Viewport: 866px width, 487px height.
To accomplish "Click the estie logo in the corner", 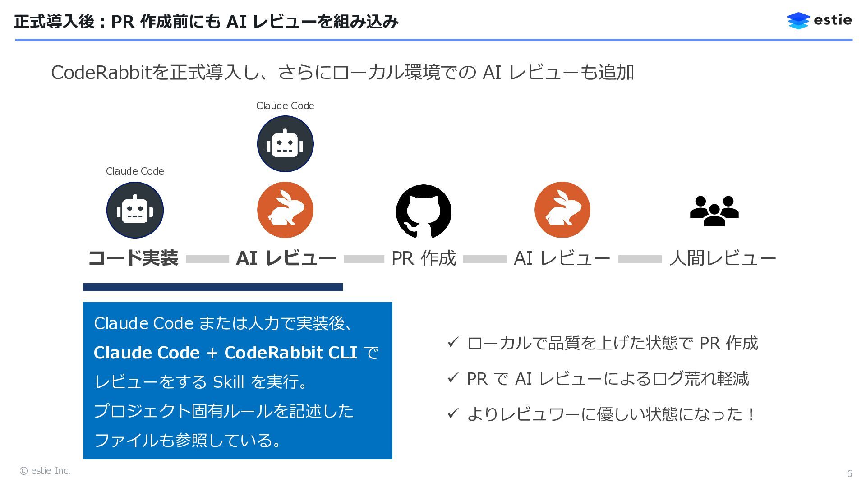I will click(x=819, y=20).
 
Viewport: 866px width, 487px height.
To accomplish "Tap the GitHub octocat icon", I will click(x=424, y=211).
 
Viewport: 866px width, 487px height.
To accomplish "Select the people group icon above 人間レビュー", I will click(x=714, y=211).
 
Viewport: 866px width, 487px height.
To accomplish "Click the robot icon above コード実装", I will click(x=135, y=210).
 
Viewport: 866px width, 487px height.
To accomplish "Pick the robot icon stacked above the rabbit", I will click(x=285, y=144).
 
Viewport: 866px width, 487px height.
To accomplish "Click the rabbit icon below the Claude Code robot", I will click(x=285, y=210).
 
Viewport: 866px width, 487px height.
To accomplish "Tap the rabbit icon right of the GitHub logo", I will click(x=562, y=210).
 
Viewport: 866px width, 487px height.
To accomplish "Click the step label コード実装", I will click(x=133, y=258).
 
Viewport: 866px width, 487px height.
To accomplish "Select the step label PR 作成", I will click(x=424, y=258).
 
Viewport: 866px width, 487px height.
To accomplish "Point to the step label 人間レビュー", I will click(x=723, y=258).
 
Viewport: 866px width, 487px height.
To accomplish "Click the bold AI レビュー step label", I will click(x=286, y=258).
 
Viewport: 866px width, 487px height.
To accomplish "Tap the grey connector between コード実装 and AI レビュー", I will click(x=207, y=259).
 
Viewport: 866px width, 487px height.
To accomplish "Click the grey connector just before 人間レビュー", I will click(x=640, y=259).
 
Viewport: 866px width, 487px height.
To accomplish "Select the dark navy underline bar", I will click(x=213, y=287).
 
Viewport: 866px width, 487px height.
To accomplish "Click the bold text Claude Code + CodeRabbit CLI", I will click(x=226, y=353).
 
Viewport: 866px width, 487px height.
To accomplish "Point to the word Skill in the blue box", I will click(x=228, y=382).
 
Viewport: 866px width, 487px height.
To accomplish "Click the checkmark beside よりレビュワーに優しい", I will click(x=453, y=413).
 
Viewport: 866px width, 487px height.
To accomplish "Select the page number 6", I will click(x=849, y=473).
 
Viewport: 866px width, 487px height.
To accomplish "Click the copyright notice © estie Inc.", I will click(x=45, y=471).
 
